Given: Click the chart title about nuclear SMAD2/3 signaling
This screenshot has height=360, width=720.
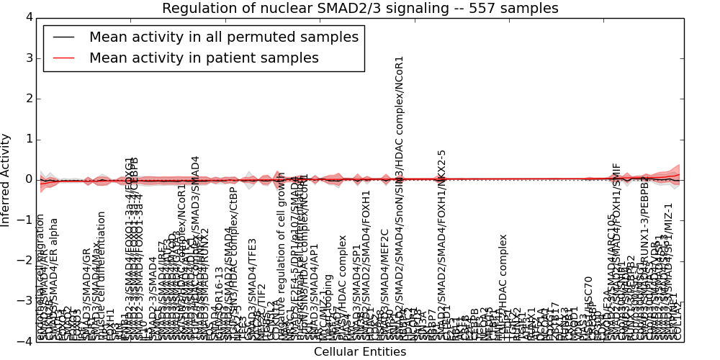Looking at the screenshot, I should [x=360, y=9].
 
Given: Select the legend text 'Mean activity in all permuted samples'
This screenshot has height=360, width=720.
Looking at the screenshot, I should [x=223, y=37].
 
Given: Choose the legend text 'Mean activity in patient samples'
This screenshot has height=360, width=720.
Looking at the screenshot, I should [x=204, y=58].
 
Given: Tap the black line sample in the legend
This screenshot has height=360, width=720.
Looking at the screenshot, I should [x=63, y=37].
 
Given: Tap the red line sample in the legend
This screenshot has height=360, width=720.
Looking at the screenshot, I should [x=63, y=58].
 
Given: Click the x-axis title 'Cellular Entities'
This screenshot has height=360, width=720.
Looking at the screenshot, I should [x=360, y=352].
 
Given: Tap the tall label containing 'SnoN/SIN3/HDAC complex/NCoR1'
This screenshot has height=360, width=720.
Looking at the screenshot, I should [x=400, y=194].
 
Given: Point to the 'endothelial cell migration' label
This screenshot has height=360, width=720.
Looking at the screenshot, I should [x=40, y=277].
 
